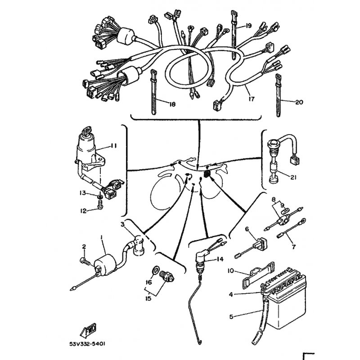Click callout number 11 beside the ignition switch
tap(113, 145)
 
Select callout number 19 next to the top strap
tap(248, 25)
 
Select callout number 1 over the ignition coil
tap(102, 237)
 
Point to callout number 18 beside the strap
tap(171, 104)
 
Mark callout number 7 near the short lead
tap(293, 247)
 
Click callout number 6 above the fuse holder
tap(247, 229)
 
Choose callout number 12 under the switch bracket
tap(83, 210)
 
